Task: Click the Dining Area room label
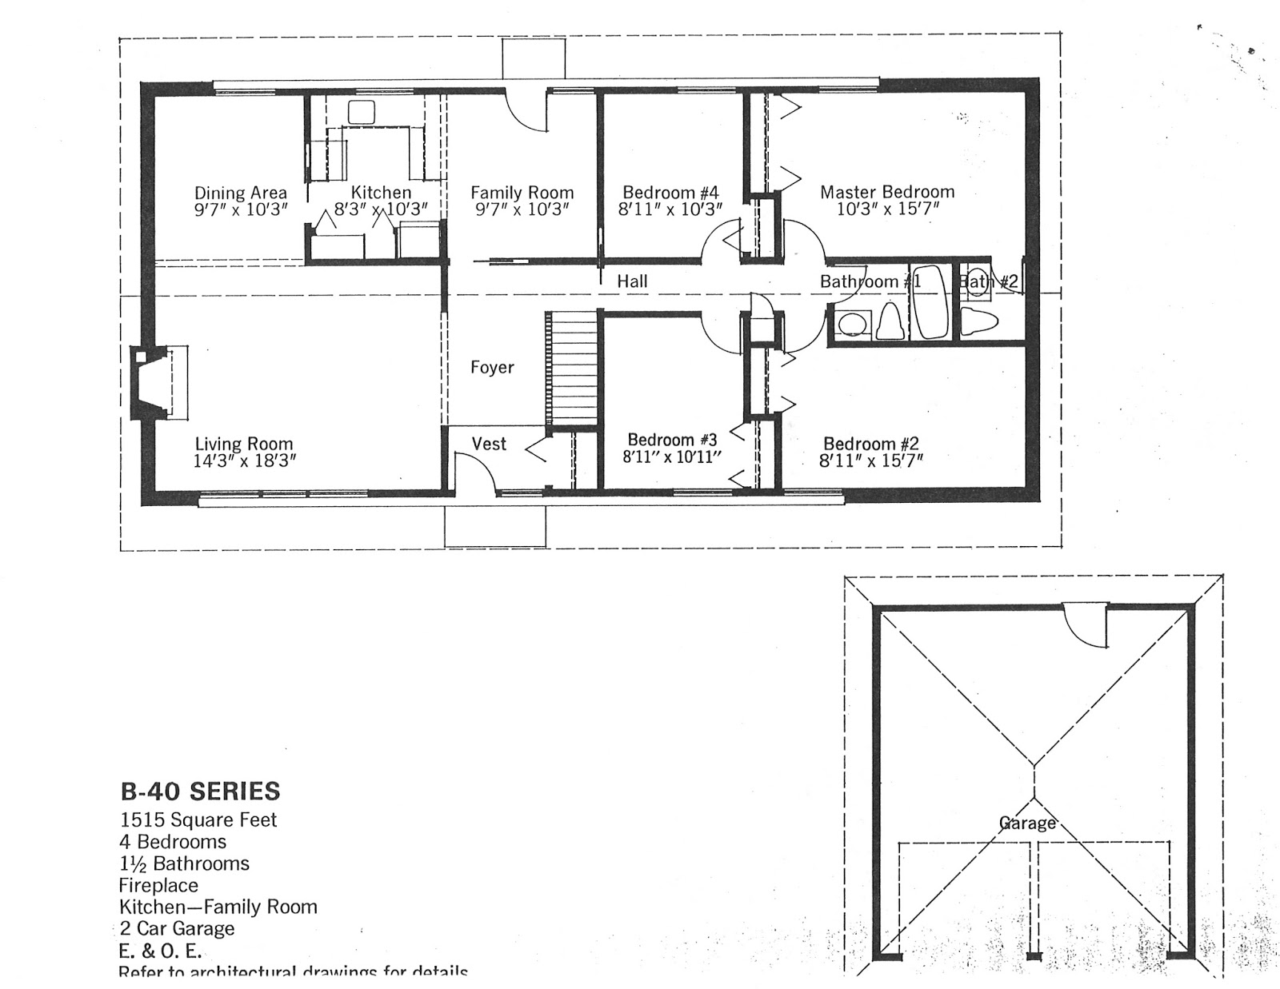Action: (241, 193)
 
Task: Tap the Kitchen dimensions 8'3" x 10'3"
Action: (381, 209)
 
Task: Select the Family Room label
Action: (522, 193)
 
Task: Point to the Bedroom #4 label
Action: (670, 193)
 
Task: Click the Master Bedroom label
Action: (887, 192)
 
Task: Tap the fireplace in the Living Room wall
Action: (158, 381)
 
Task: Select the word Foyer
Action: (492, 367)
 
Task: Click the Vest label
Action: (489, 444)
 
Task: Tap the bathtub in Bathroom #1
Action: (930, 301)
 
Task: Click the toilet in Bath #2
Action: (979, 321)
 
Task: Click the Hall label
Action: (632, 281)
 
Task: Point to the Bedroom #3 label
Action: (672, 440)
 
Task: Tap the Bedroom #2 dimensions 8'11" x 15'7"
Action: (872, 461)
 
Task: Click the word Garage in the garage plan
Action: (1027, 823)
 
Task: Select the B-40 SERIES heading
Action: (200, 792)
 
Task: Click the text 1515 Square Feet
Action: (198, 820)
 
